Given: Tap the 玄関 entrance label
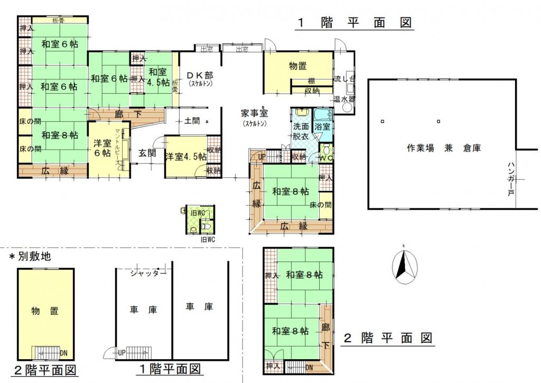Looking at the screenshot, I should coord(147,153).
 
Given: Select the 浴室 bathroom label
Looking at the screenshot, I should coord(322,127).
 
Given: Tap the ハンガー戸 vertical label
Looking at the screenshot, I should coord(511,180).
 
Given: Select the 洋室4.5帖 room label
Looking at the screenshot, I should coord(185,157).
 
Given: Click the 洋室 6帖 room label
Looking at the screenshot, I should coord(102,148).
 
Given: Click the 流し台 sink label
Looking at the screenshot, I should coord(344,80).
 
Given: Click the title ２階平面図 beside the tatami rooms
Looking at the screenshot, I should coord(388,337).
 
